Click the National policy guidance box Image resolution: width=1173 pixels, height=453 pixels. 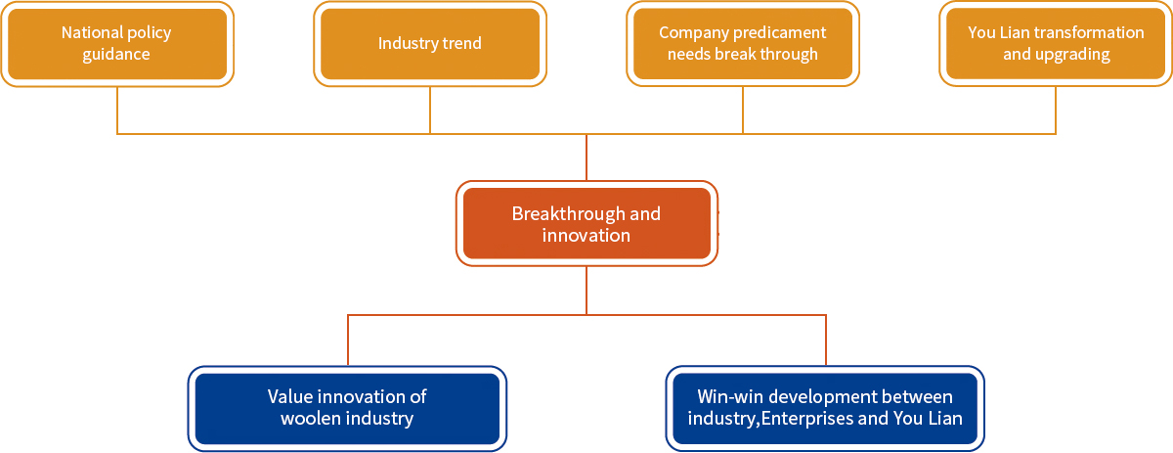(x=117, y=43)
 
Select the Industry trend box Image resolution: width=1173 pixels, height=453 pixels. (x=430, y=43)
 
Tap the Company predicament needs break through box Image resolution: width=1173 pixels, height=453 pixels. (x=743, y=43)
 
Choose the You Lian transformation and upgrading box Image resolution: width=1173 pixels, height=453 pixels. (x=1055, y=43)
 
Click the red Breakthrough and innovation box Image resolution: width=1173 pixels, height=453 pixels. (x=586, y=223)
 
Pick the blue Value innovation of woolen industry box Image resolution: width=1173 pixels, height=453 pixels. (x=347, y=408)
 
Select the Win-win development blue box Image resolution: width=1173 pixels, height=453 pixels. (x=825, y=408)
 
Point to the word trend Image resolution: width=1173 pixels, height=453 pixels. (x=461, y=43)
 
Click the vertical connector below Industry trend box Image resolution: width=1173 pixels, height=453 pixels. (x=430, y=111)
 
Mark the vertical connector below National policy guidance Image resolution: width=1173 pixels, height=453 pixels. (x=117, y=111)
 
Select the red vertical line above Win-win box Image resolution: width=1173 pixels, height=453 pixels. (x=826, y=340)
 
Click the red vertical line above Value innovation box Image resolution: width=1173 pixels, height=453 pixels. (x=348, y=340)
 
